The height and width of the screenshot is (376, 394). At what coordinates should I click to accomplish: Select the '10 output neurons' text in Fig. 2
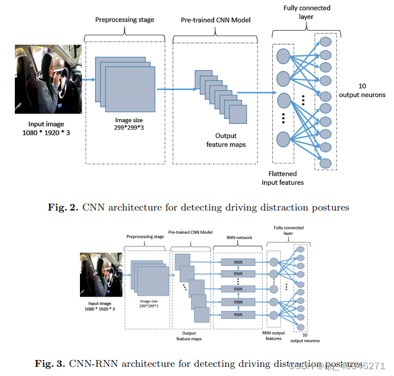363,90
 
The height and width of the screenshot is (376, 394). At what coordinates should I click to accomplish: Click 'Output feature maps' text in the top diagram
226,140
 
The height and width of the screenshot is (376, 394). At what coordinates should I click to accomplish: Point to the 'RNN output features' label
273,335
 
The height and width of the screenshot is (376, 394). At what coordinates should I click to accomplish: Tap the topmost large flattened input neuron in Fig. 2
284,55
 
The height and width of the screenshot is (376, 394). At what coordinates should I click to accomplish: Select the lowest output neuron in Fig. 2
325,164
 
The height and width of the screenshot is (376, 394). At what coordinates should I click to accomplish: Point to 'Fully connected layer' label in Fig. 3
288,231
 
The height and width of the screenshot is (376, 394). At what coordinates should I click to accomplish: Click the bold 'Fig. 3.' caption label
51,363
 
